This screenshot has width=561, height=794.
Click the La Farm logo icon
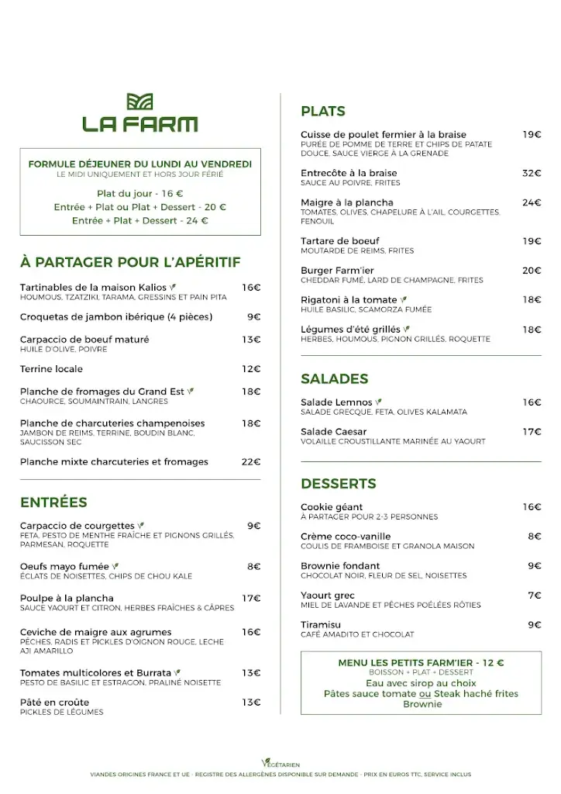click(x=140, y=102)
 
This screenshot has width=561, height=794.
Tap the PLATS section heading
click(x=323, y=112)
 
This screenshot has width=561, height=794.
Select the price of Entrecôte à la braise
click(x=532, y=173)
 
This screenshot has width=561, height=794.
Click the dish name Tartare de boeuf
click(x=340, y=241)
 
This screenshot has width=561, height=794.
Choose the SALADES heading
click(x=334, y=379)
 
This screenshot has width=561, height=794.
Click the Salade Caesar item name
click(x=334, y=431)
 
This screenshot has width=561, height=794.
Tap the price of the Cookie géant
click(x=532, y=507)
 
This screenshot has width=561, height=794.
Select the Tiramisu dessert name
click(x=321, y=624)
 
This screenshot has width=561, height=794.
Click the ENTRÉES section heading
click(x=53, y=502)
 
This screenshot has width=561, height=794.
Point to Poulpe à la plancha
click(x=67, y=598)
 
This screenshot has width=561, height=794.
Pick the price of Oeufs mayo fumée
click(x=254, y=566)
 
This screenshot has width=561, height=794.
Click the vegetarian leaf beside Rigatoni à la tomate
click(x=404, y=300)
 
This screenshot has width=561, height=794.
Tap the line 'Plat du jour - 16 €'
click(x=140, y=193)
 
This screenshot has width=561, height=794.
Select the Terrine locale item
click(x=51, y=368)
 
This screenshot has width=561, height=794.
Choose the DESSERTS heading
click(x=339, y=484)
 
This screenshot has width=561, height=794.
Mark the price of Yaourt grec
click(x=535, y=595)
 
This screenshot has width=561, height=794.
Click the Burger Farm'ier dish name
click(x=337, y=271)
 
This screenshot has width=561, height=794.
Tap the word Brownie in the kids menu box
click(x=422, y=704)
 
